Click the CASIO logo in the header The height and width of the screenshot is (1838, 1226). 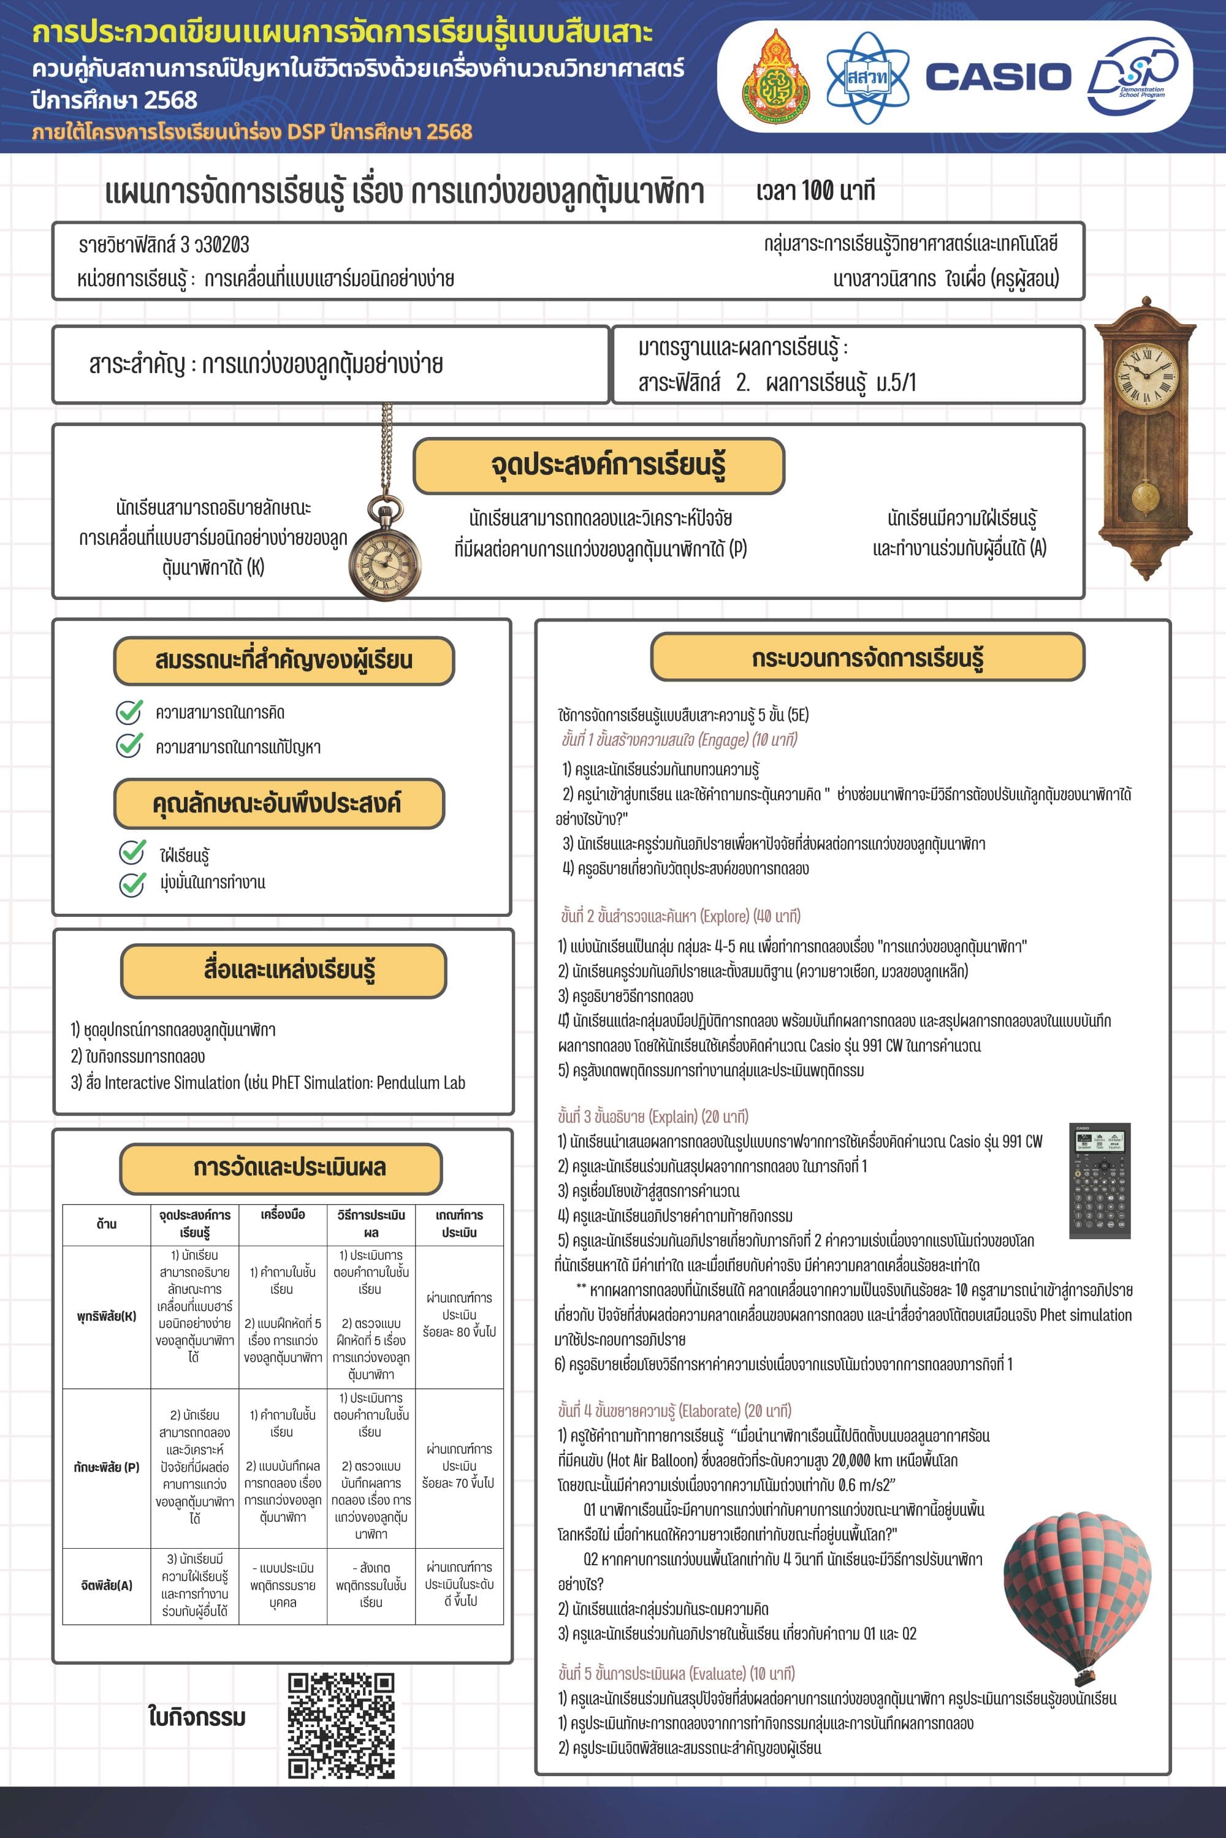[x=998, y=77]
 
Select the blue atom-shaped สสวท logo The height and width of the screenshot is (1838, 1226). [x=868, y=77]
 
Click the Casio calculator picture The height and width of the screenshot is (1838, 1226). [x=1099, y=1180]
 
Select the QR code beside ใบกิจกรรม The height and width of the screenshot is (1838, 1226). [x=340, y=1725]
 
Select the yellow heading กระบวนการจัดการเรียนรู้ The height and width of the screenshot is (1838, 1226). [x=867, y=658]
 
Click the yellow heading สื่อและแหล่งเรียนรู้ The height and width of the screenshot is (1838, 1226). [x=283, y=970]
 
